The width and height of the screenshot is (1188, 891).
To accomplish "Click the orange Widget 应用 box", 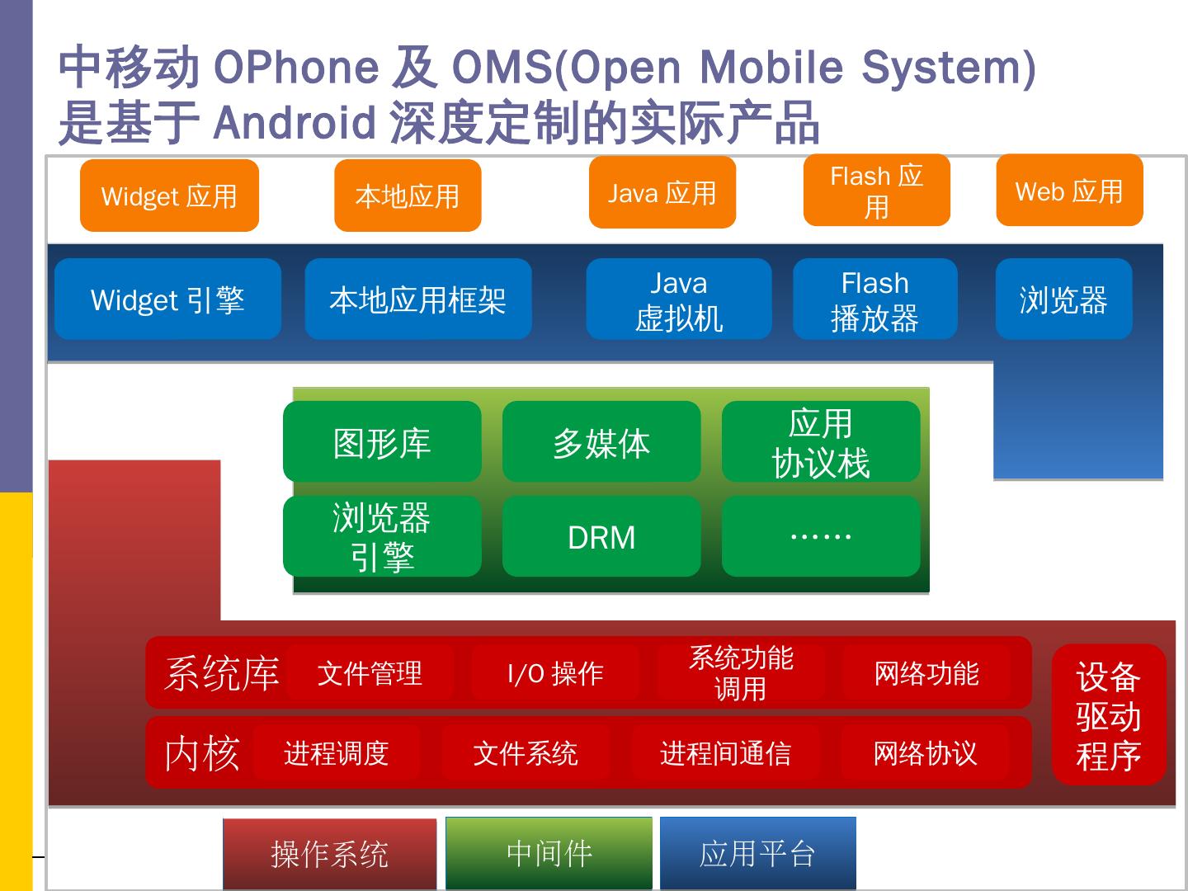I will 169,196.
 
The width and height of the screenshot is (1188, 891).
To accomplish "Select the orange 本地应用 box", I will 408,196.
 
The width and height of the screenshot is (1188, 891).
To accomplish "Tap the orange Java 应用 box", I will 662,192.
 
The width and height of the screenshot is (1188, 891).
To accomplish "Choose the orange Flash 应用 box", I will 876,191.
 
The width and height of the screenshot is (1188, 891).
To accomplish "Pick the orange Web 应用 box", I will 1069,191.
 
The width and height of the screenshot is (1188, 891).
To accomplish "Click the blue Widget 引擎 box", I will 167,299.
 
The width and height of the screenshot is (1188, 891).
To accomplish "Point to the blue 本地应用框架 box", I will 417,299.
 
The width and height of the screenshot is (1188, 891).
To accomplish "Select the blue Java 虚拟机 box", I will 678,299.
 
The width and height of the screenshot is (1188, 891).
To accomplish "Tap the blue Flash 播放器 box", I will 874,299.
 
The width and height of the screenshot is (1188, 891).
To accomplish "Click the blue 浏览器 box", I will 1063,299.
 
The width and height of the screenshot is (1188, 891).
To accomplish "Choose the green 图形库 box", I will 382,441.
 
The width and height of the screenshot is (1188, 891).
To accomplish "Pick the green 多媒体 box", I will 601,441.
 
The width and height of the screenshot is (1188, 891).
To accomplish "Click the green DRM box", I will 601,536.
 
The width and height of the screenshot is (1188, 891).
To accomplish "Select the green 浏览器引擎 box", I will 382,536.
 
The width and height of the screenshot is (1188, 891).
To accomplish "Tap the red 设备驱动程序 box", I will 1108,714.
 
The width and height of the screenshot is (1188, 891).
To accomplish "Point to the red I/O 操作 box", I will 555,673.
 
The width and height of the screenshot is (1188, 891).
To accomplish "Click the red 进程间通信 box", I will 725,752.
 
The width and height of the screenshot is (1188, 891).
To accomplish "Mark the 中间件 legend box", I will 549,853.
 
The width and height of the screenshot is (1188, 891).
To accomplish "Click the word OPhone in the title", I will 295,67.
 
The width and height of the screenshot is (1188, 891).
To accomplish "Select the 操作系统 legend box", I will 329,854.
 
